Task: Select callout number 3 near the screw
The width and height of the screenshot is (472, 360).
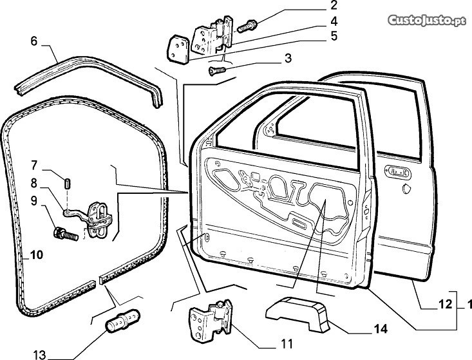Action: [287, 59]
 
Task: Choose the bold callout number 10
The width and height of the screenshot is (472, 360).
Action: [36, 255]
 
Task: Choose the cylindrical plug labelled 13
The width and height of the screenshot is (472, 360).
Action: [121, 319]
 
